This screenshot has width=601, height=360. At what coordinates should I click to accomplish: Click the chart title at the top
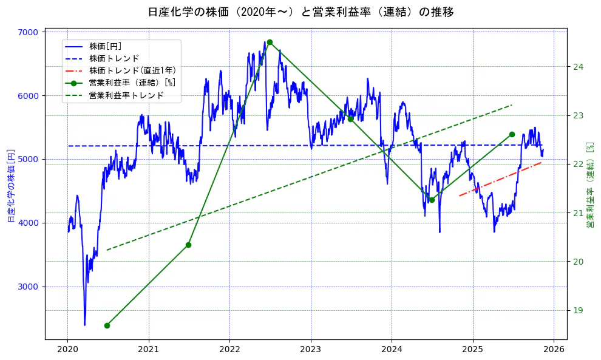(x=300, y=12)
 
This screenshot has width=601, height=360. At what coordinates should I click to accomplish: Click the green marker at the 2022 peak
(x=270, y=42)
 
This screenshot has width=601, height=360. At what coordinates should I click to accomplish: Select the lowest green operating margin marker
(x=107, y=325)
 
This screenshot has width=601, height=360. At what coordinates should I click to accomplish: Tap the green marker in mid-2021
(x=188, y=245)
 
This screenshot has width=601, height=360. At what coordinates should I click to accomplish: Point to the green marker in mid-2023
(x=350, y=119)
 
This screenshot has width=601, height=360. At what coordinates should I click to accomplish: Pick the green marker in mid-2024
(x=432, y=200)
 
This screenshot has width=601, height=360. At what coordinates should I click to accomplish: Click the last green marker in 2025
(x=512, y=134)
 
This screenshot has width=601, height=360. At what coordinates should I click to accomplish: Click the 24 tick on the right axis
(x=578, y=67)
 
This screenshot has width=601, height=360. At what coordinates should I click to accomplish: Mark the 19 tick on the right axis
(x=578, y=310)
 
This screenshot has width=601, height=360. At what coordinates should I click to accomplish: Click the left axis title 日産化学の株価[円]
(x=10, y=185)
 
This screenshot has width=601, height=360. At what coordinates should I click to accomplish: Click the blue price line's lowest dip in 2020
(x=84, y=324)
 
